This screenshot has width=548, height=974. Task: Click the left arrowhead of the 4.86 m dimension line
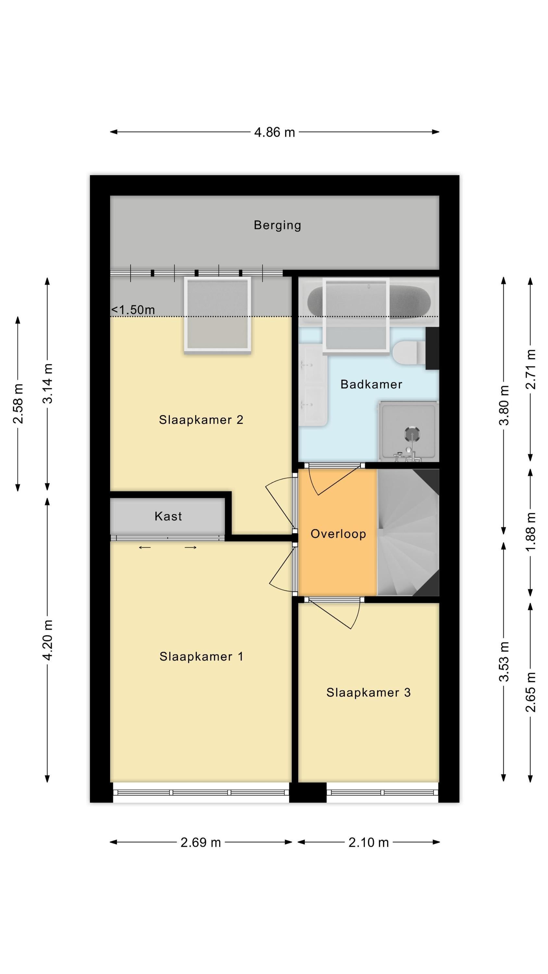(x=113, y=132)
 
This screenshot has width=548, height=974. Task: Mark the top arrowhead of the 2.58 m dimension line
(x=18, y=320)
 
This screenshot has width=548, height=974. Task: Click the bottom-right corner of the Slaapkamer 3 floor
(x=439, y=782)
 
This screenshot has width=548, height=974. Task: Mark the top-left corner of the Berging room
(x=110, y=196)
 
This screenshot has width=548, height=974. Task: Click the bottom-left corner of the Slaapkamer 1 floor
(x=110, y=782)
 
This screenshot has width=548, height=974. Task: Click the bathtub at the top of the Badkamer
(x=369, y=301)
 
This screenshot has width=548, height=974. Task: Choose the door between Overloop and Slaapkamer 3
(x=333, y=613)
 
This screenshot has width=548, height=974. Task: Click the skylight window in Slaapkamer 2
(x=218, y=315)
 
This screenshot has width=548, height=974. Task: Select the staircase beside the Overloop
(x=408, y=532)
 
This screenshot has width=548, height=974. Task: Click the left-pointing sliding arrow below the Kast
(x=145, y=547)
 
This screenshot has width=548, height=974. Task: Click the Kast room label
(x=168, y=517)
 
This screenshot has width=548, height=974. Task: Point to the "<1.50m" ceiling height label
(x=133, y=310)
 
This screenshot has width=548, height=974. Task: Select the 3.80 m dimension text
(x=504, y=405)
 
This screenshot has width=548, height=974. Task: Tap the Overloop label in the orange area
(x=338, y=534)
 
